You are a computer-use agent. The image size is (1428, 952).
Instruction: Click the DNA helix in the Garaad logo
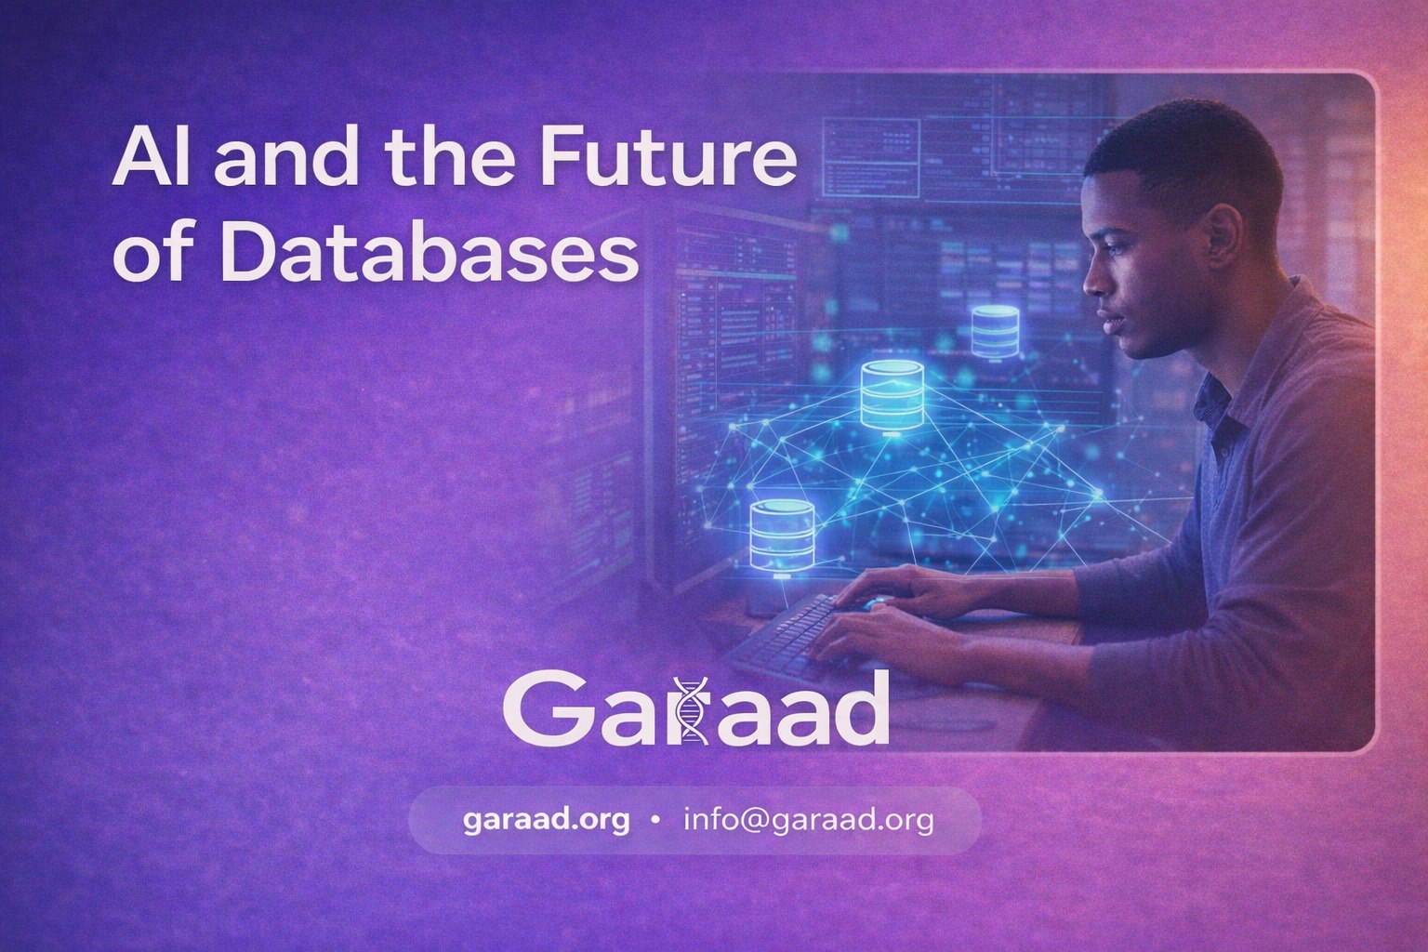(691, 709)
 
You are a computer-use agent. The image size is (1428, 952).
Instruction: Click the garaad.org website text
(546, 820)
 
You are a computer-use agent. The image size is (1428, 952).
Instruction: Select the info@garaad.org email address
(807, 820)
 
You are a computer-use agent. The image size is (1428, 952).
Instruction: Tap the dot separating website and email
(656, 821)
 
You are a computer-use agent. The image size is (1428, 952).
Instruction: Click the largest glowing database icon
(892, 395)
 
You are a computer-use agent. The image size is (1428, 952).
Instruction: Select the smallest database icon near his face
(995, 330)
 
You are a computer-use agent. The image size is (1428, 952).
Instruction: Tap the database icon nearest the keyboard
(782, 535)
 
